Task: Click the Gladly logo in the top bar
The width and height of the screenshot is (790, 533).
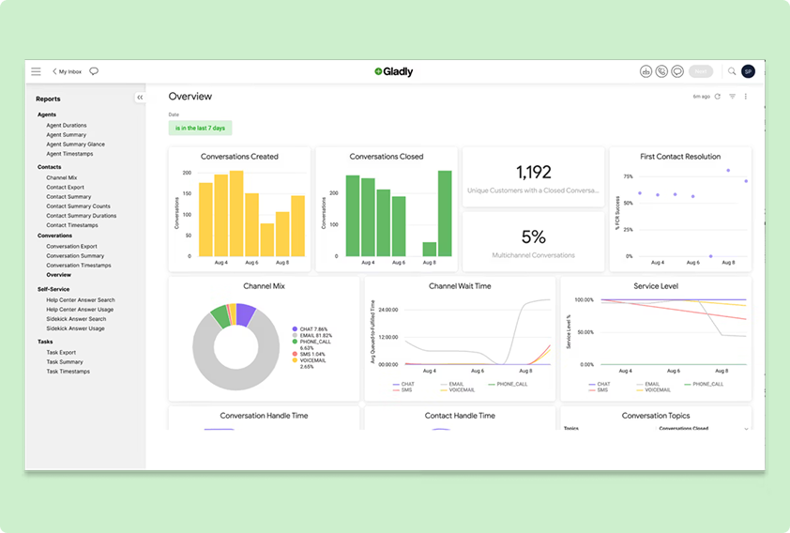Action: [393, 71]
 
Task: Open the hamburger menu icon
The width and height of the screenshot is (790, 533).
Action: [36, 71]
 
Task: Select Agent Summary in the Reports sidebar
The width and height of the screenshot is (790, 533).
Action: [66, 135]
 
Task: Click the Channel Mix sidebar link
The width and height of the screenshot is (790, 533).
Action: [62, 177]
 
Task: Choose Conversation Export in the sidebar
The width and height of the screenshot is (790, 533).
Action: [71, 246]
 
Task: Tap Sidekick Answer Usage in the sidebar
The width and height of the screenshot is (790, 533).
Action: [75, 328]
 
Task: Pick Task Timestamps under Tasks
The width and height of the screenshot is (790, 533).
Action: [67, 372]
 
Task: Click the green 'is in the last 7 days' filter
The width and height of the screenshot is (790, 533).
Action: [200, 128]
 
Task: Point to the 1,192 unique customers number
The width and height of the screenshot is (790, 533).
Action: [533, 173]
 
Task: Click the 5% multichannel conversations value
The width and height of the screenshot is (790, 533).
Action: [533, 237]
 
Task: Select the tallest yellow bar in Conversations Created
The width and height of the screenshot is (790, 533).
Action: [236, 213]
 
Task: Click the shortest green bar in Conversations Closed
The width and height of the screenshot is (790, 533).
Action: [430, 249]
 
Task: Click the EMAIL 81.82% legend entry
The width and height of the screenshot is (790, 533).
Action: [314, 335]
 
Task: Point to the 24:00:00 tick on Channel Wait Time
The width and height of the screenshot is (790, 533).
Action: [387, 309]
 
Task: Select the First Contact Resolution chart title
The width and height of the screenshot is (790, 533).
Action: [679, 157]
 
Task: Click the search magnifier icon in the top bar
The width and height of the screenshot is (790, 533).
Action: [732, 71]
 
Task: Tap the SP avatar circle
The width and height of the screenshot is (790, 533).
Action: [748, 71]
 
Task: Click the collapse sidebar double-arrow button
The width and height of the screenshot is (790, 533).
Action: [139, 98]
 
